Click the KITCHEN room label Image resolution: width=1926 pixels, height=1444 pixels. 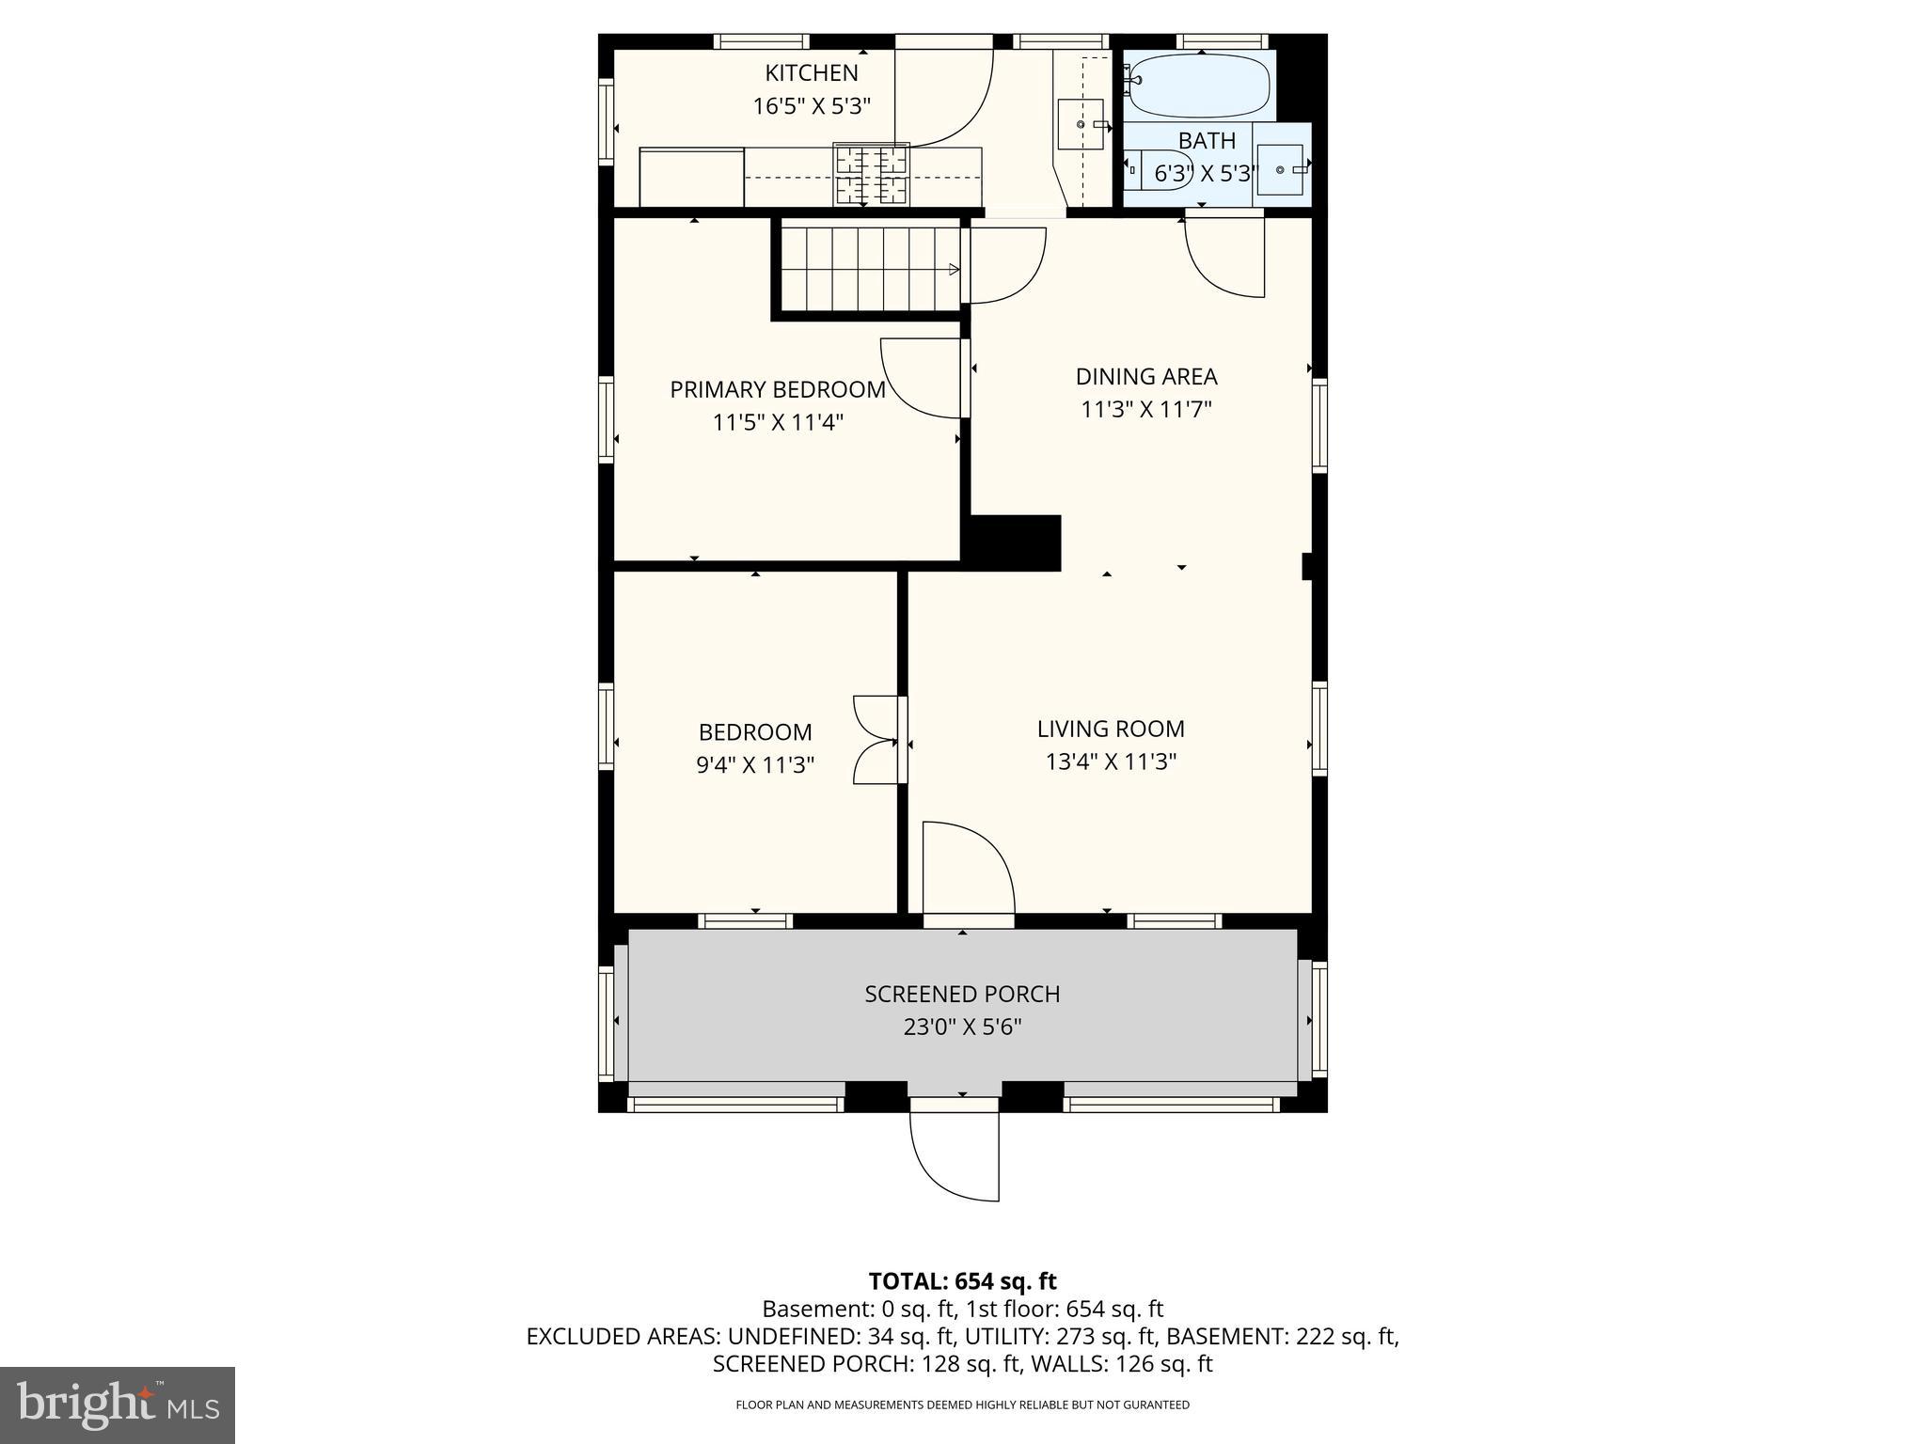811,73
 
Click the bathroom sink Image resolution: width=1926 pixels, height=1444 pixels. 1281,169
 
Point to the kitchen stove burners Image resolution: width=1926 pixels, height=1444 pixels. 872,174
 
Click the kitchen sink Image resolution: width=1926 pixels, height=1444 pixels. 1080,124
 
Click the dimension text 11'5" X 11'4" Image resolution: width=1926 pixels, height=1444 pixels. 778,423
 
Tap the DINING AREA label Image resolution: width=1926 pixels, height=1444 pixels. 1145,377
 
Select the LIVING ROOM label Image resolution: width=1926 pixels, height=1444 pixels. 1111,729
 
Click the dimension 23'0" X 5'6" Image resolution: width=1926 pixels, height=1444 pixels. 962,1027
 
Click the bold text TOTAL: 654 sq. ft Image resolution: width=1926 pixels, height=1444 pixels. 962,1281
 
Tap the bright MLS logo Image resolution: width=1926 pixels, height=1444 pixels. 118,1405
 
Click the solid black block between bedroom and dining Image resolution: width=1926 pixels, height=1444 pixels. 1014,542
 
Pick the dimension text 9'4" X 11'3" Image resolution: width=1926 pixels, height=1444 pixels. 755,765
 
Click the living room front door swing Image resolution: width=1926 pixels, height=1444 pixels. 967,867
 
